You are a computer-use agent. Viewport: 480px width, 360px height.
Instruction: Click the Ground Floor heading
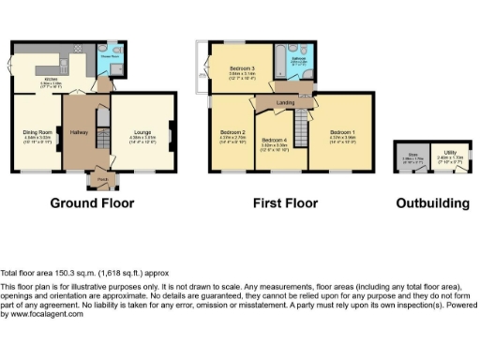91,202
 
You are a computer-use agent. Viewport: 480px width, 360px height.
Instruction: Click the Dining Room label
37,132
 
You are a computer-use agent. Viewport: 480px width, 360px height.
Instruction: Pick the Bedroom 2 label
232,133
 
